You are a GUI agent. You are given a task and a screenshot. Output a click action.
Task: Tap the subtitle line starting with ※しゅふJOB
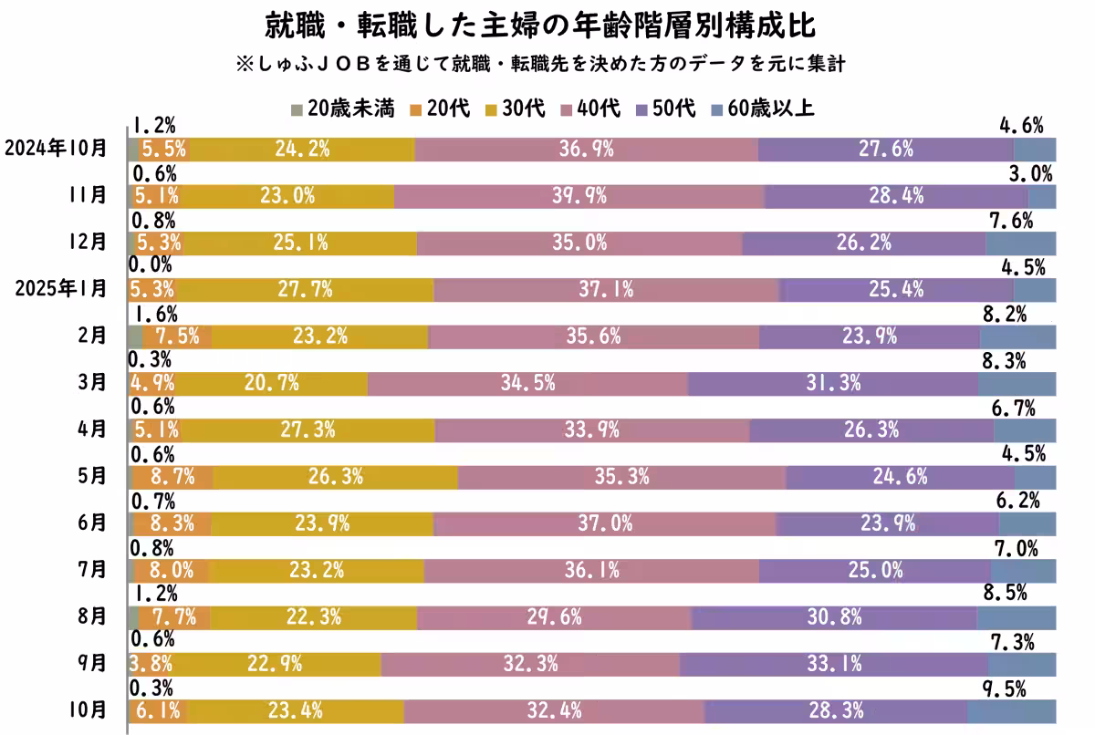(x=547, y=66)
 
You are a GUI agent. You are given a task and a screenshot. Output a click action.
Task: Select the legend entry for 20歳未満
(x=342, y=109)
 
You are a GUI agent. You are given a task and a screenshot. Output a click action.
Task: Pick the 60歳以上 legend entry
(x=762, y=109)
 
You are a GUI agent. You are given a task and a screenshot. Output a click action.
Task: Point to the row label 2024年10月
(x=55, y=149)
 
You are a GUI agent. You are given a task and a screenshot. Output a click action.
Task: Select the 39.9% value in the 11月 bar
(x=579, y=196)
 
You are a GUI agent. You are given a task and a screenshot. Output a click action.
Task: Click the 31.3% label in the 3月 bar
(x=833, y=383)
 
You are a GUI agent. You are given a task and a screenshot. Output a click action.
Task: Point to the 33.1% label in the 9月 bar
(x=833, y=664)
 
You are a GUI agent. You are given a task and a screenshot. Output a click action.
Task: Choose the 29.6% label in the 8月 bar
(x=554, y=617)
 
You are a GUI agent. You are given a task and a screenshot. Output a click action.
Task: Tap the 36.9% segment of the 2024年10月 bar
(x=585, y=150)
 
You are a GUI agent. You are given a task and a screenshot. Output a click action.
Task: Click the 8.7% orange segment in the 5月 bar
(x=172, y=477)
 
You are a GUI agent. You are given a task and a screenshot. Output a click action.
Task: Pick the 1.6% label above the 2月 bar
(x=154, y=315)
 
